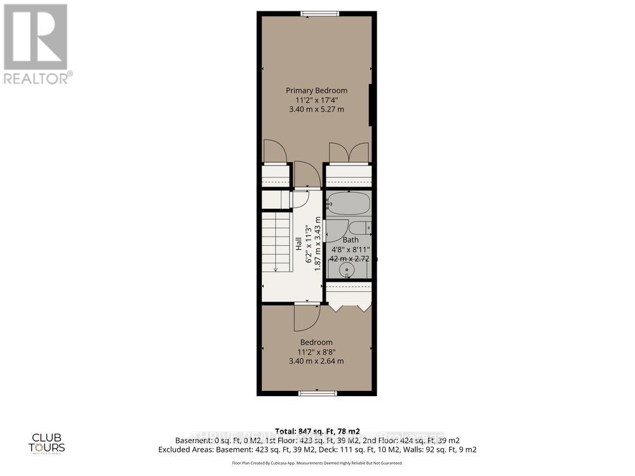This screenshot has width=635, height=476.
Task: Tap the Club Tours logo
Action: click(48, 442)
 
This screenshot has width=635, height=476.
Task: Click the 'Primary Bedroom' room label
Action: click(316, 91)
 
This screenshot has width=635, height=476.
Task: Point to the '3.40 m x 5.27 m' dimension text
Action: click(316, 109)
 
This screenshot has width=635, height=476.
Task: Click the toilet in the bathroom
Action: click(359, 228)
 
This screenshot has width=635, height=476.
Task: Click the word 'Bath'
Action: click(351, 240)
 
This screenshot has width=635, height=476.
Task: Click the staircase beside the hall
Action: click(276, 241)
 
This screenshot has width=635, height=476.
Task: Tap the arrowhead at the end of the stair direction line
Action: click(275, 269)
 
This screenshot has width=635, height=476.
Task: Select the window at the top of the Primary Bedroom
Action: click(319, 13)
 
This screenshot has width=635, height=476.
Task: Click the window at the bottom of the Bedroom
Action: click(317, 393)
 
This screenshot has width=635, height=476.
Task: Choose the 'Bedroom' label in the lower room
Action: click(316, 343)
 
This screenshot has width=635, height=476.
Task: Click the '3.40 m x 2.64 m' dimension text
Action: click(316, 361)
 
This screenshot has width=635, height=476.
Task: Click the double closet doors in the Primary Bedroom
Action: click(349, 153)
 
